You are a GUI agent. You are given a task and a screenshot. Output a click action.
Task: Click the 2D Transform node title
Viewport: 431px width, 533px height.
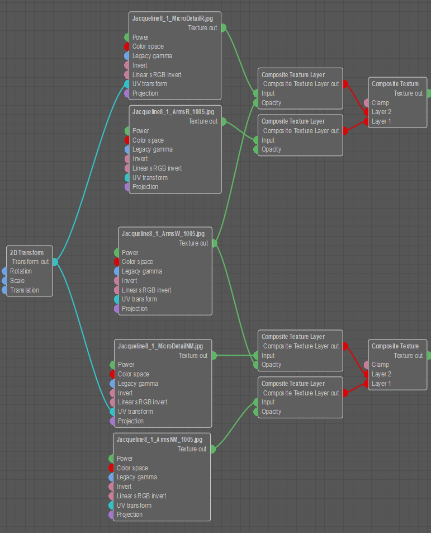click(27, 252)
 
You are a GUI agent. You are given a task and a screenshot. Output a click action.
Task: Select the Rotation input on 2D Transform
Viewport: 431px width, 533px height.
click(21, 271)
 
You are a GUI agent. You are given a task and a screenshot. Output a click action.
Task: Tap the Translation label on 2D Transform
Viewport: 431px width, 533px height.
click(25, 290)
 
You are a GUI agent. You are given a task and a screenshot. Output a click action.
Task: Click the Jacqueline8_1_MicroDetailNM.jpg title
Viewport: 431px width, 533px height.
click(164, 346)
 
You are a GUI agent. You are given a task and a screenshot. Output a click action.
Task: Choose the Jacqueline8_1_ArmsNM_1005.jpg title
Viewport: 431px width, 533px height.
click(163, 440)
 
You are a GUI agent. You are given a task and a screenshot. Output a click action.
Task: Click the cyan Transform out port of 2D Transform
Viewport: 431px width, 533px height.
click(55, 261)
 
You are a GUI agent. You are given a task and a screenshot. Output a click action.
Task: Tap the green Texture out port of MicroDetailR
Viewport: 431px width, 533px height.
click(223, 27)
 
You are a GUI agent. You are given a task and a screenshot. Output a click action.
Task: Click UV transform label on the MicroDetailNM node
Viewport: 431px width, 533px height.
click(135, 412)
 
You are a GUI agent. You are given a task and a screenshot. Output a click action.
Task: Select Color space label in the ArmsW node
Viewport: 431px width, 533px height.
click(138, 262)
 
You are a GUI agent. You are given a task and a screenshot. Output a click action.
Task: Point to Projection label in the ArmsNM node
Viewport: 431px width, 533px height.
click(130, 515)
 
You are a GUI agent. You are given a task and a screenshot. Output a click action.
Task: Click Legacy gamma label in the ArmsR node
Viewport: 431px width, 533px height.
click(152, 149)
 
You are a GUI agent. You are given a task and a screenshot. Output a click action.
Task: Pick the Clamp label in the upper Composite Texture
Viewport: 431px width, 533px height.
click(380, 103)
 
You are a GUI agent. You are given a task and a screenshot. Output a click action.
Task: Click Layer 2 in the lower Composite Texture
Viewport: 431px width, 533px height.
click(381, 374)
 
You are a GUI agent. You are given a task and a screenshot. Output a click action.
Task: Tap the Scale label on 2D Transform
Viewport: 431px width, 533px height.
click(17, 281)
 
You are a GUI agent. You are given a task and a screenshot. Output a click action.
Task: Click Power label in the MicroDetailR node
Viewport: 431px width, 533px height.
click(140, 37)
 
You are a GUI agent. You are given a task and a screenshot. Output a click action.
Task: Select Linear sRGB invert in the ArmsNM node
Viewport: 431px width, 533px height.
click(141, 496)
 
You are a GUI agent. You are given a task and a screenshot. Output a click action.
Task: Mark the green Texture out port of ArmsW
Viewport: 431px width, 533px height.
click(214, 243)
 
